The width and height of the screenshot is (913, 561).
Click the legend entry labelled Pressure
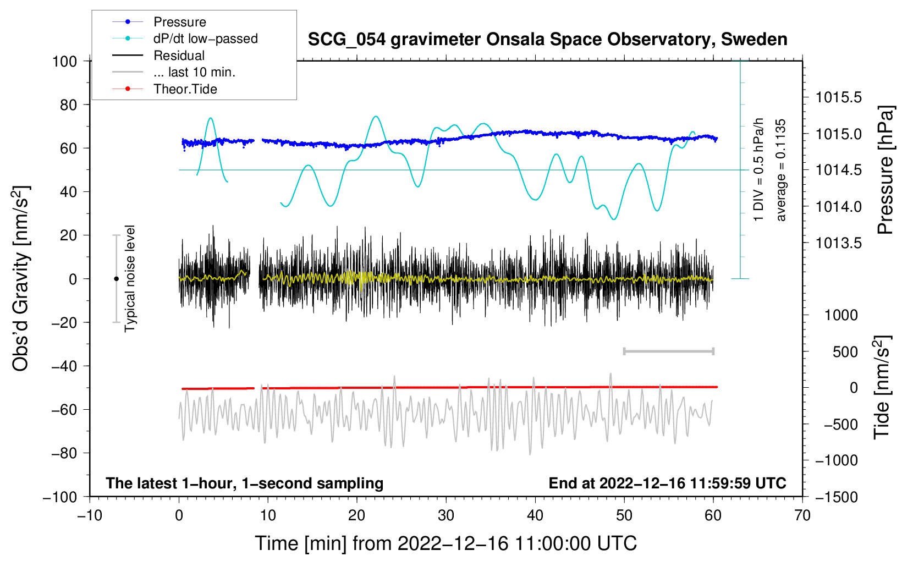tap(179, 22)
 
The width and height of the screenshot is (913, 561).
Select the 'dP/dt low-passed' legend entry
tap(205, 38)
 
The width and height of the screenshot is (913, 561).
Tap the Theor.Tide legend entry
tap(185, 89)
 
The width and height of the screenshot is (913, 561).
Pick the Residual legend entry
tap(179, 56)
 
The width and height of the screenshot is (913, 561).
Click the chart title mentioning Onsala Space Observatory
tap(547, 40)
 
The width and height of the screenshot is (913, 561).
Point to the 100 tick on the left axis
tap(64, 61)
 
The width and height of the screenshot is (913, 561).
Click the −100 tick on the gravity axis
tap(60, 497)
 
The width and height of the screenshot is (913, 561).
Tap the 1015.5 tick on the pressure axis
tap(838, 97)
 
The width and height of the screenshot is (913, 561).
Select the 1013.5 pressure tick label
tap(838, 243)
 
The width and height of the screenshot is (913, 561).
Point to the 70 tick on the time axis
tap(802, 515)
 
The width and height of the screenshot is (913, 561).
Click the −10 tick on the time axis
tap(90, 515)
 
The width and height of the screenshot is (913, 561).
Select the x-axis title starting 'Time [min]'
tap(446, 543)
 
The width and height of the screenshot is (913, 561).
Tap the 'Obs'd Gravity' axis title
tap(20, 279)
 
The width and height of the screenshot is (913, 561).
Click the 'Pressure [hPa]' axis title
tap(886, 170)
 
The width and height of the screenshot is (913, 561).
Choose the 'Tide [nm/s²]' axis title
tap(882, 388)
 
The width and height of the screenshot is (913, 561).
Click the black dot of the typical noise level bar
tap(116, 279)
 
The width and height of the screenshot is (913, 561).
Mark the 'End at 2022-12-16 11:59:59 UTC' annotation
tap(667, 483)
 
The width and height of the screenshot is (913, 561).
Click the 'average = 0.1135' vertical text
tap(781, 170)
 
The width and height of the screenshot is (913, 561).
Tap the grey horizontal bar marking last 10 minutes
tap(668, 351)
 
